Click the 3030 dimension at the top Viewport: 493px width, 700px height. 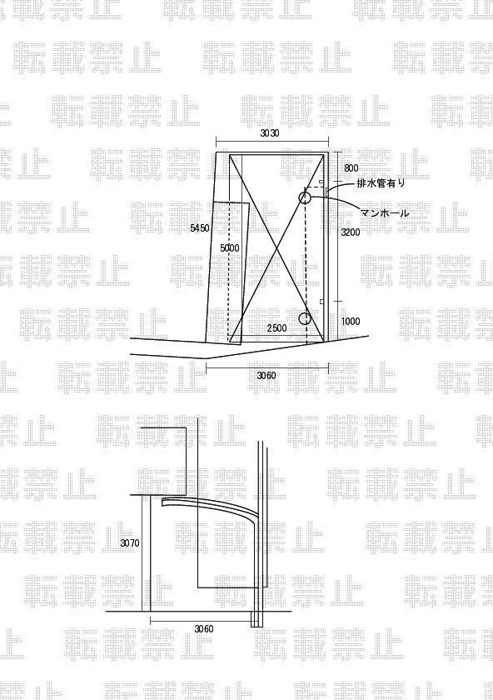(270, 133)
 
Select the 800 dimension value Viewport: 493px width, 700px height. (351, 167)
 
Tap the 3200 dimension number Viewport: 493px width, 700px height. (351, 232)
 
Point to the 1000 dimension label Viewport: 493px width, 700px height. (351, 321)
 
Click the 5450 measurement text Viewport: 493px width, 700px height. (199, 228)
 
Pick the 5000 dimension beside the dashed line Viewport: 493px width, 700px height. (229, 247)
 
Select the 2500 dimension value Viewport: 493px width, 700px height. (276, 328)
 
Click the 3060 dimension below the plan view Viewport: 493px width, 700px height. (266, 376)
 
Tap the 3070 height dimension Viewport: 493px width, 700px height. (130, 543)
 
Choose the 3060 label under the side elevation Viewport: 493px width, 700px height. (204, 629)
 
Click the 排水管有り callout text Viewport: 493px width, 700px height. (381, 183)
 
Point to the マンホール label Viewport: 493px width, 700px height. (386, 213)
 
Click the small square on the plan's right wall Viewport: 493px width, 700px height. (321, 302)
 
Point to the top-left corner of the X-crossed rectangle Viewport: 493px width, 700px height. (230, 155)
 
